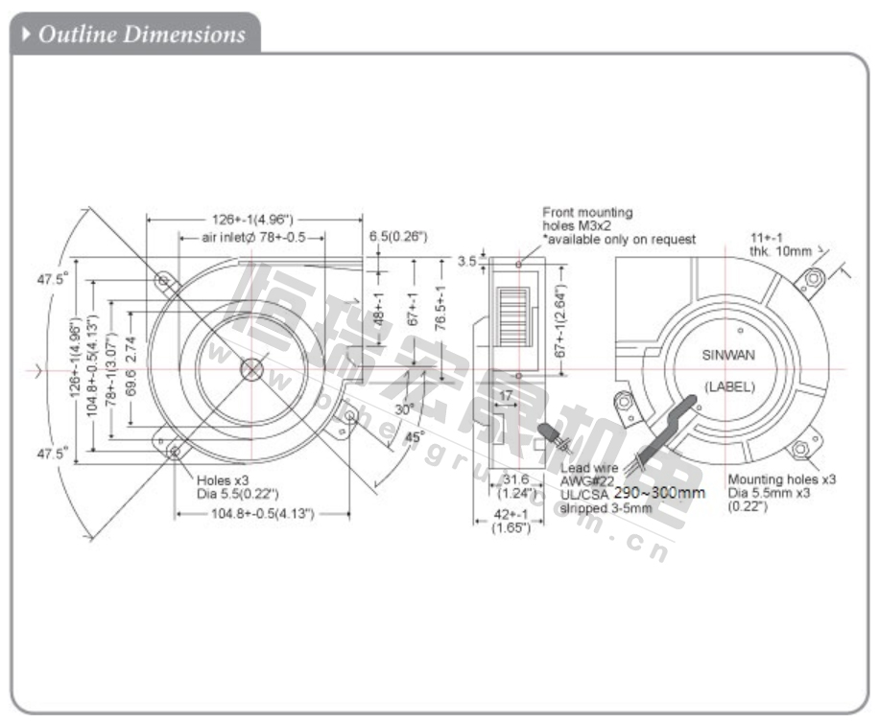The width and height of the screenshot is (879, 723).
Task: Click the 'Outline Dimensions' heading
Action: [141, 35]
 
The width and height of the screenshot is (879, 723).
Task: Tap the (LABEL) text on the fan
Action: [729, 386]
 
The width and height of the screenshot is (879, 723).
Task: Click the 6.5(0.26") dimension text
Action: [397, 236]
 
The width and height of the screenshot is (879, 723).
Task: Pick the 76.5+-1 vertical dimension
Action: [440, 306]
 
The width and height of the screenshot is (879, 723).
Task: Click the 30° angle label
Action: [404, 408]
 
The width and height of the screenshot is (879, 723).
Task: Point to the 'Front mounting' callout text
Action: [587, 212]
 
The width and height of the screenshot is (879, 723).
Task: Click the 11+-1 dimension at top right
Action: [768, 237]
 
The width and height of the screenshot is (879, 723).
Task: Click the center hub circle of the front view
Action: [251, 369]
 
